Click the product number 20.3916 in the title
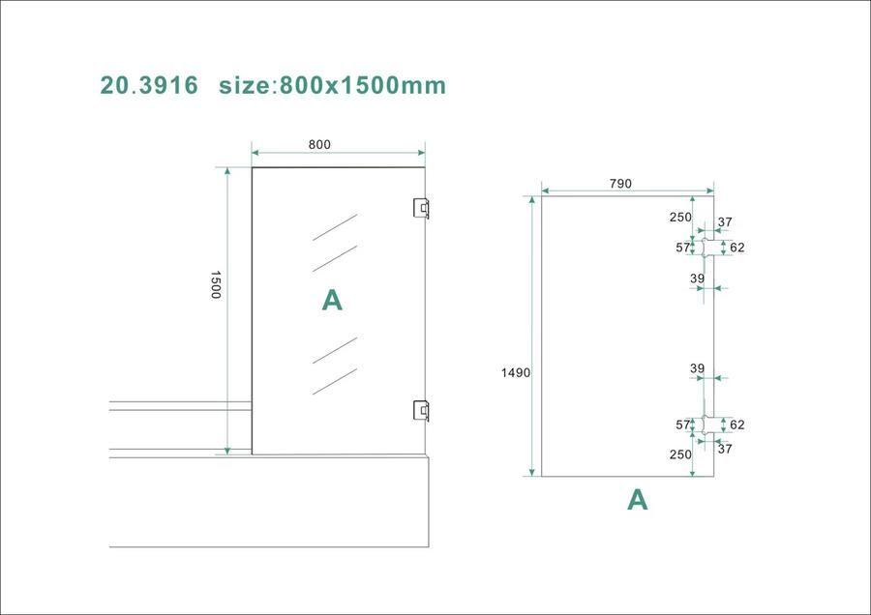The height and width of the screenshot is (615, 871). pyautogui.click(x=149, y=85)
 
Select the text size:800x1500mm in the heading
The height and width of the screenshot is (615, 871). pyautogui.click(x=332, y=85)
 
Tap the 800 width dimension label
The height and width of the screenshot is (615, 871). pyautogui.click(x=319, y=145)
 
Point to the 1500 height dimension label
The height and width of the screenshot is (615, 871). pyautogui.click(x=216, y=284)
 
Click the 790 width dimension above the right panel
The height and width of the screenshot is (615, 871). pyautogui.click(x=619, y=184)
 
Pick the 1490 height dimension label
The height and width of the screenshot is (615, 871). pyautogui.click(x=515, y=372)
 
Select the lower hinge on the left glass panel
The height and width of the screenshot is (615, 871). pyautogui.click(x=421, y=410)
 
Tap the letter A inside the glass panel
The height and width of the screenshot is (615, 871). pyautogui.click(x=332, y=301)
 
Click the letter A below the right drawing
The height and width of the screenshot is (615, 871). pyautogui.click(x=637, y=499)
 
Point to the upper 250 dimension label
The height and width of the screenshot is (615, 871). pyautogui.click(x=680, y=218)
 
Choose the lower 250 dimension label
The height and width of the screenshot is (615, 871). pyautogui.click(x=680, y=454)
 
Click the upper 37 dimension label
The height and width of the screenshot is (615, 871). pyautogui.click(x=726, y=222)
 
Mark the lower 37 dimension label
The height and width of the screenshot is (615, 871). pyautogui.click(x=726, y=448)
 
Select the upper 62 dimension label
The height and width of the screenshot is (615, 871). pyautogui.click(x=737, y=248)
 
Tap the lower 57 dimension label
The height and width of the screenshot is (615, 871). pyautogui.click(x=682, y=425)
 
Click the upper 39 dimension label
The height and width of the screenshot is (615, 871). pyautogui.click(x=697, y=278)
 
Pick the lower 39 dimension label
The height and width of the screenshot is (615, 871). pyautogui.click(x=697, y=368)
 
